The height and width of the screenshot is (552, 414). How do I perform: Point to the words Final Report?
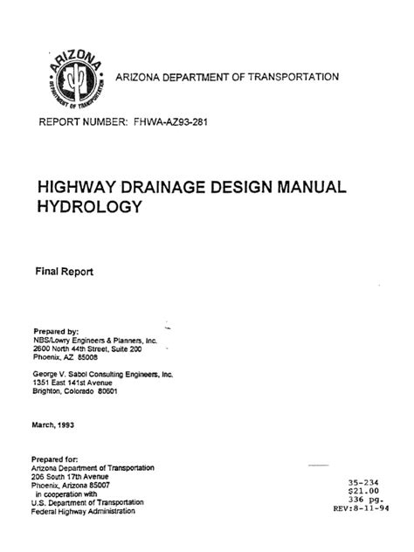[x=62, y=272]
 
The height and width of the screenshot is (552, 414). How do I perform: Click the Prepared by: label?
[x=56, y=331]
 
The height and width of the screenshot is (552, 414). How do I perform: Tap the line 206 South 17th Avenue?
[x=79, y=476]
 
